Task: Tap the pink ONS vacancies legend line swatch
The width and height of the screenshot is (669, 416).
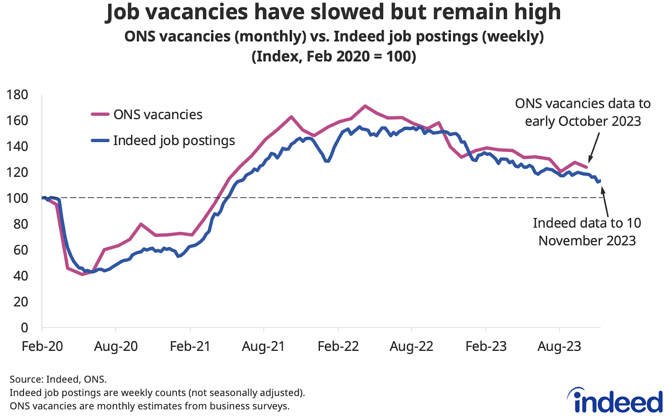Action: [x=100, y=114]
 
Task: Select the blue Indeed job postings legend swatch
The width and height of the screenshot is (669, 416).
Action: [x=100, y=141]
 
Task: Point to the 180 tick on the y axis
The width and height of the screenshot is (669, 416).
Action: [x=18, y=95]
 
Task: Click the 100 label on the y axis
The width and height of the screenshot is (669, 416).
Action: [x=18, y=198]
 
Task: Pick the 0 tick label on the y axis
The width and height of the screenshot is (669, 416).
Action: [x=25, y=328]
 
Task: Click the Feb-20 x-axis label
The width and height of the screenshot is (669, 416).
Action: [x=42, y=346]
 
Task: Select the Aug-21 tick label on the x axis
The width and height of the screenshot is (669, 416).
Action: [x=263, y=346]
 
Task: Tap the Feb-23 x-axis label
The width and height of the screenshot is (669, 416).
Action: [x=486, y=346]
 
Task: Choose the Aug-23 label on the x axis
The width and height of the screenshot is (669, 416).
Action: [x=559, y=346]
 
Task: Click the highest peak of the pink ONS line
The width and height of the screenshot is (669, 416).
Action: [x=365, y=106]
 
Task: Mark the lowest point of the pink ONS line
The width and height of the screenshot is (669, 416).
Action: [x=82, y=274]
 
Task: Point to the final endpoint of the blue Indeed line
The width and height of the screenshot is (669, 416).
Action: [x=600, y=180]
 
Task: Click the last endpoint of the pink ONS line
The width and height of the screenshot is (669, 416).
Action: [x=586, y=167]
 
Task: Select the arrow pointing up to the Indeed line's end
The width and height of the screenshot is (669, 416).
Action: [x=605, y=202]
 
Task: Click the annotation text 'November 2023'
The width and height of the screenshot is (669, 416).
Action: [x=587, y=241]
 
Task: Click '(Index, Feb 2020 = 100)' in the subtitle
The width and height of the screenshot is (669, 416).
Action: [x=334, y=56]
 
